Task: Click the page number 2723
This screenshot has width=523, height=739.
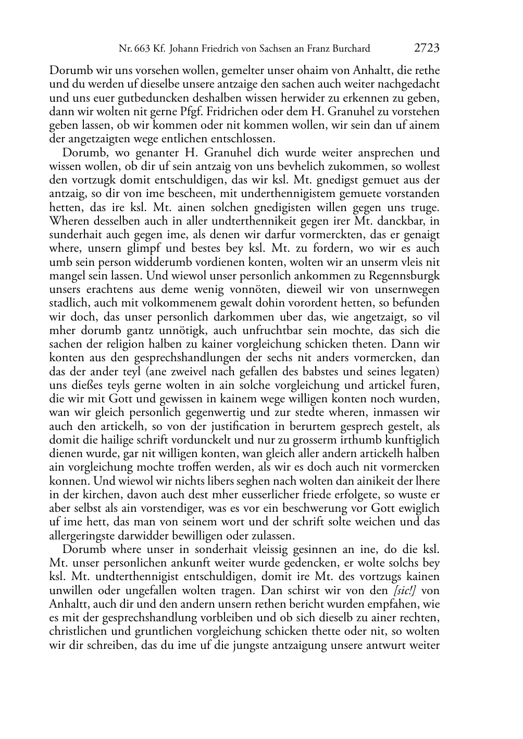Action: click(x=427, y=48)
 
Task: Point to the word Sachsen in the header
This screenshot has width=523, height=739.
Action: click(x=287, y=49)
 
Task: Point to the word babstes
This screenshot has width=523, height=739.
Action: click(x=335, y=372)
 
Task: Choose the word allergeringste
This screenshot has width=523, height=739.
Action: click(x=83, y=536)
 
